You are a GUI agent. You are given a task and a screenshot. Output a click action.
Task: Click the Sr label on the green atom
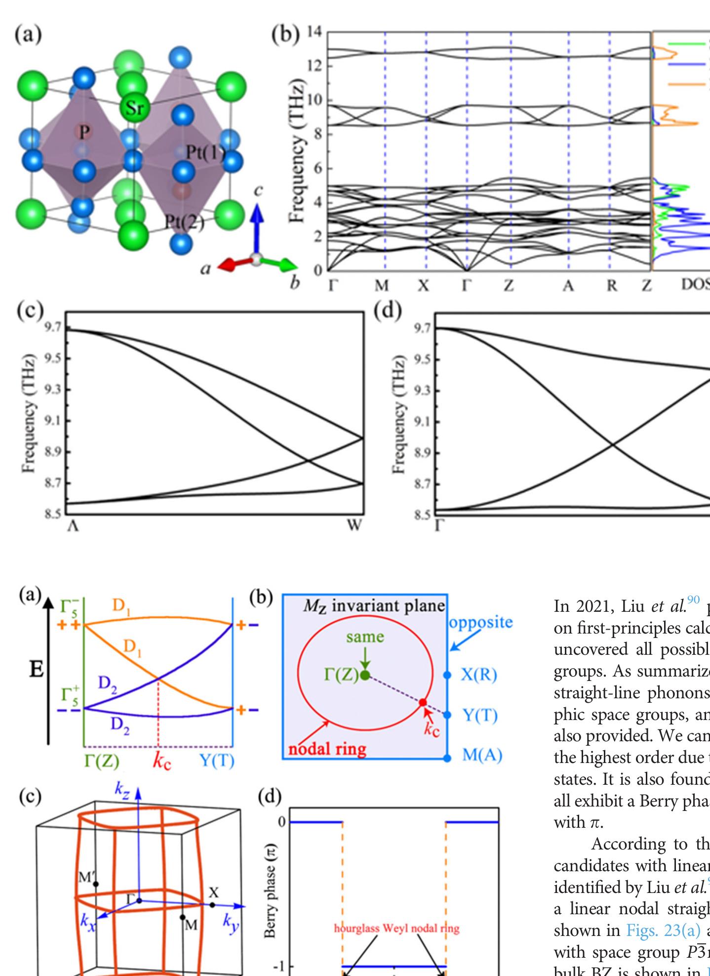(134, 107)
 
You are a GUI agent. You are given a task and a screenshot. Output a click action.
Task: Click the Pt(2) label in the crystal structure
(184, 222)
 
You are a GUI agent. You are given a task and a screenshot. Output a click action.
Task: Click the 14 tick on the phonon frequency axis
(314, 32)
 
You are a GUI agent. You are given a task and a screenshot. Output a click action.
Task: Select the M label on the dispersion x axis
(381, 286)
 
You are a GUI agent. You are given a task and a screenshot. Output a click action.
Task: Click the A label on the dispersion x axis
(568, 286)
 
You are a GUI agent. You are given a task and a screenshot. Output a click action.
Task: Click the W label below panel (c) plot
(355, 525)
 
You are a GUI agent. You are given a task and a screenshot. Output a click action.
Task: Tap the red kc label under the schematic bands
(162, 761)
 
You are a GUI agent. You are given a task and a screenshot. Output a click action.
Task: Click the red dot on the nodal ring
(423, 702)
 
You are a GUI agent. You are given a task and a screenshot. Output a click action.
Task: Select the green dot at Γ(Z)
(365, 675)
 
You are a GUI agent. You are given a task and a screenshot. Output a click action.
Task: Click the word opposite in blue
(481, 622)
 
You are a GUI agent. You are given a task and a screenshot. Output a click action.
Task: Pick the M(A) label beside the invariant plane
(482, 755)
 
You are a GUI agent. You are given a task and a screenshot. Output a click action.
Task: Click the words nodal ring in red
(327, 749)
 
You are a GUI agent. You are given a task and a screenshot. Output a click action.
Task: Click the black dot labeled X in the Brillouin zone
(212, 905)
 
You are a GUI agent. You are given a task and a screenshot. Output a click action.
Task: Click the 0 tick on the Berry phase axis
(282, 822)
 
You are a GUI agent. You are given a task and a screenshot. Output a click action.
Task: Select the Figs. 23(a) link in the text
(663, 930)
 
